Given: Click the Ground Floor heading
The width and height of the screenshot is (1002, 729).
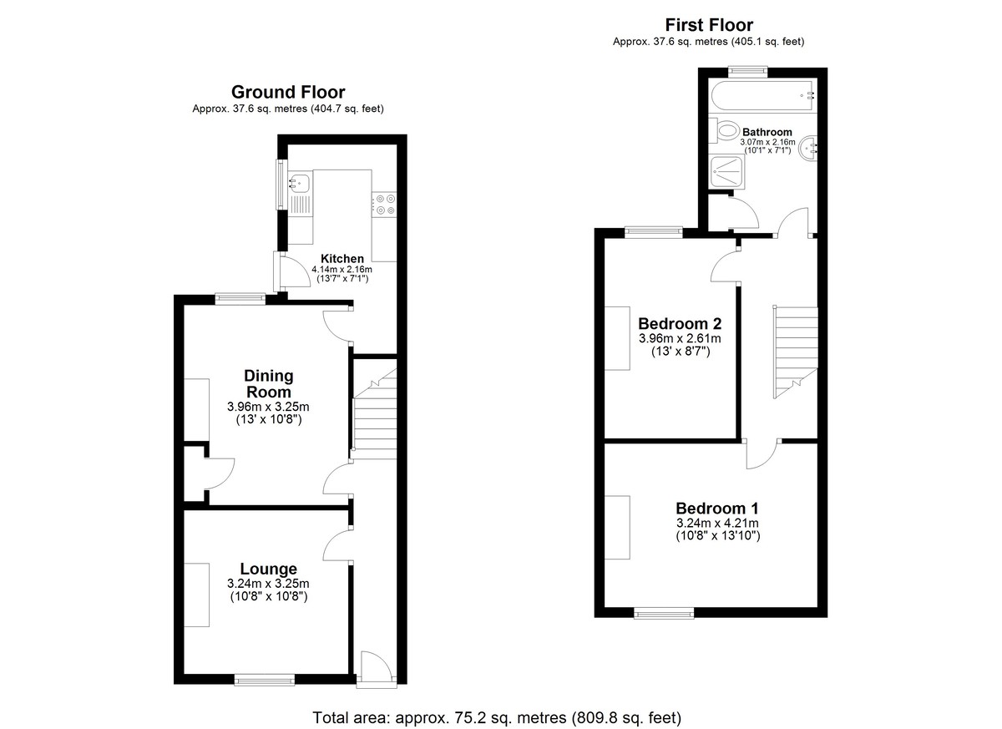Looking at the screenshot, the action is coord(288,92).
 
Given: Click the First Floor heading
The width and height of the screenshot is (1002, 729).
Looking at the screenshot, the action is coord(709,25).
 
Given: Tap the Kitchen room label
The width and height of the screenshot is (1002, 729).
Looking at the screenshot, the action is coord(342,259).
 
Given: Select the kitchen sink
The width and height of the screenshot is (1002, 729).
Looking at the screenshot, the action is coord(299,183).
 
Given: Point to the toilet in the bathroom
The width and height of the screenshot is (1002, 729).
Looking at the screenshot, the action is coord(723,130).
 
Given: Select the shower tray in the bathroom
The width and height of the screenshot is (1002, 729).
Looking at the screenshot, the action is coord(727,172).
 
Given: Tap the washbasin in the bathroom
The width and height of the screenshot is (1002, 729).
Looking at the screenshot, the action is coord(809,149).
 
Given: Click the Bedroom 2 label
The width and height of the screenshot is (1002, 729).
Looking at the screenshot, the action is coord(681,323).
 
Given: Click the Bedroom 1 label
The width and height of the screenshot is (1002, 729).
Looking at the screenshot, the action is coord(717,508).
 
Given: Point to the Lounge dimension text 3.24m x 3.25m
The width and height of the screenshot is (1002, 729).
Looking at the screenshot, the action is coord(268,584).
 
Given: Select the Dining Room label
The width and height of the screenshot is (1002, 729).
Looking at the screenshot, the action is coord(269,384).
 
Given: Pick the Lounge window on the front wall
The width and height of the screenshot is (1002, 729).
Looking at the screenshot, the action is coord(265,680).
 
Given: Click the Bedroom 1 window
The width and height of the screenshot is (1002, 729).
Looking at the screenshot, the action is coord(664,613).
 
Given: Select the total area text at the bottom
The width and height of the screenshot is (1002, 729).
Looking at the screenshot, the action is coord(497,718).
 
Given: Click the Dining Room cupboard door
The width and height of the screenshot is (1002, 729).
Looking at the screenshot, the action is coord(221,473).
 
